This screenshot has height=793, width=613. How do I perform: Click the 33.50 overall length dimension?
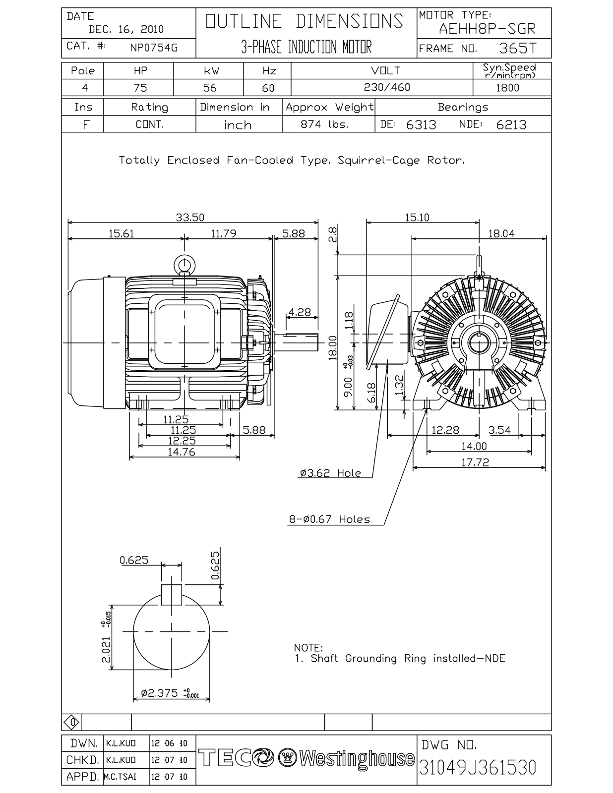pyautogui.click(x=189, y=218)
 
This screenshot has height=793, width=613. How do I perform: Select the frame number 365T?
pyautogui.click(x=517, y=48)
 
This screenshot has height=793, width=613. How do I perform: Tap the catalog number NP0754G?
pyautogui.click(x=153, y=48)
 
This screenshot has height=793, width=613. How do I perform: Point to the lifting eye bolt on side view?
pyautogui.click(x=184, y=264)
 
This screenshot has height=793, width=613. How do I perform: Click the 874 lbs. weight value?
pyautogui.click(x=324, y=124)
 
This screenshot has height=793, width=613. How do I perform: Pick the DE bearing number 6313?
pyautogui.click(x=421, y=125)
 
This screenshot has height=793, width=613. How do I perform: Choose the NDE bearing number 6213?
pyautogui.click(x=511, y=125)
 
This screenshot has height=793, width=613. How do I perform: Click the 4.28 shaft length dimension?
pyautogui.click(x=299, y=313)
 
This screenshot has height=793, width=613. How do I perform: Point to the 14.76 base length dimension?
pyautogui.click(x=181, y=452)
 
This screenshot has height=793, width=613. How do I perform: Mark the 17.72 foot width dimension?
pyautogui.click(x=475, y=462)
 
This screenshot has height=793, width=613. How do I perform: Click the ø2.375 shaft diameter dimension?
pyautogui.click(x=160, y=693)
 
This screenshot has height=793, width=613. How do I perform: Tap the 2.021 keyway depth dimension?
pyautogui.click(x=106, y=650)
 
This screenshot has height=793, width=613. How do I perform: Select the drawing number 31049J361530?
pyautogui.click(x=478, y=767)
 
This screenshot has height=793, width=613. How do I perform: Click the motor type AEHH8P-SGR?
pyautogui.click(x=487, y=29)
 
